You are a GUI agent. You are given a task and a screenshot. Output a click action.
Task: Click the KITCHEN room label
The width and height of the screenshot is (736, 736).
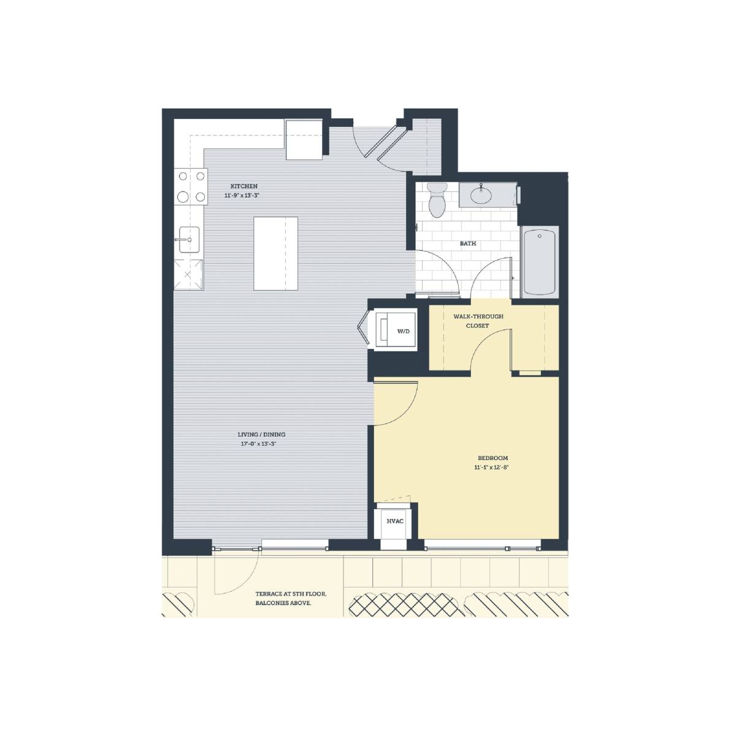click(243, 186)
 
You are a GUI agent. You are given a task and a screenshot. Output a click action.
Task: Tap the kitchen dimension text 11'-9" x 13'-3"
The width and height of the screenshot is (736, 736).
click(243, 196)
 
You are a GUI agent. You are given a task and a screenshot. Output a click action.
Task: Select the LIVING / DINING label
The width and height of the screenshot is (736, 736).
click(261, 434)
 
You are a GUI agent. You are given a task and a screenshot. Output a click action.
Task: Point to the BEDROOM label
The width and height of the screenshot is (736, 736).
click(493, 458)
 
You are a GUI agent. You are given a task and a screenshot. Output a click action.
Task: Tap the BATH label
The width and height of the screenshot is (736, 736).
click(468, 243)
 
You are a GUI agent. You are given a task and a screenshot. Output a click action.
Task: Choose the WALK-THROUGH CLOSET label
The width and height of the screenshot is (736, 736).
click(478, 321)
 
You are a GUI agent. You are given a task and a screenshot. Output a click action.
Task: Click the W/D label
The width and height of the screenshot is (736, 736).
click(404, 331)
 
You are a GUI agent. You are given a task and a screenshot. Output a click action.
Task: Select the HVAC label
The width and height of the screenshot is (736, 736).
click(395, 521)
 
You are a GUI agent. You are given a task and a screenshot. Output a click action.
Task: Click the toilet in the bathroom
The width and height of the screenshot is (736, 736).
click(437, 199)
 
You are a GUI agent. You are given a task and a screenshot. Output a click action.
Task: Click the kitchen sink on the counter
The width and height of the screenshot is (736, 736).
click(189, 239)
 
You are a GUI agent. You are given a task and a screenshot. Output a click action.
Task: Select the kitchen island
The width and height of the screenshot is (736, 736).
click(275, 253)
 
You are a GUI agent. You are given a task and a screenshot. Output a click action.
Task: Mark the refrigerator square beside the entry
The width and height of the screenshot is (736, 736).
click(304, 139)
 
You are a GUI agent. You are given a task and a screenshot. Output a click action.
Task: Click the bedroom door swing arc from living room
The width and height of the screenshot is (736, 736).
click(405, 413)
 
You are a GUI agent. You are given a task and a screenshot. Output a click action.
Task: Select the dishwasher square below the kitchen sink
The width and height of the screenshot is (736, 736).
click(188, 274)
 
